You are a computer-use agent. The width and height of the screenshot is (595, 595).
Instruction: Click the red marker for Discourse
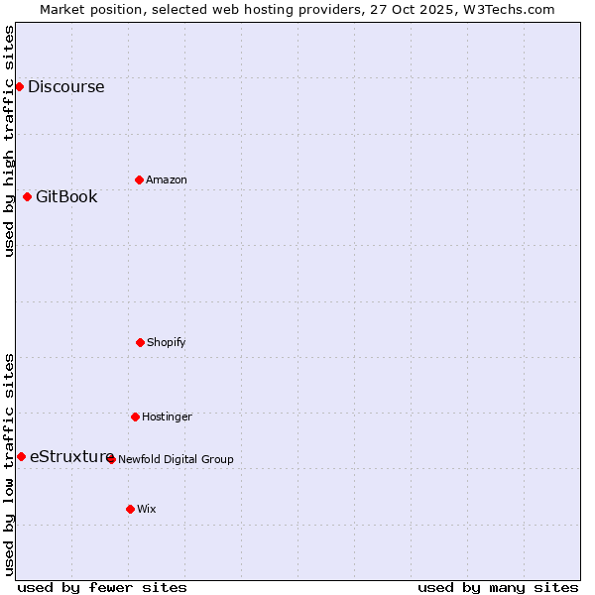[x=19, y=86]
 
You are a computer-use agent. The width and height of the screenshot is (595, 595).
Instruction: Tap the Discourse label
[x=65, y=86]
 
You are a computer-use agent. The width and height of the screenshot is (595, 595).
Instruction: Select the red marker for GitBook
[x=27, y=196]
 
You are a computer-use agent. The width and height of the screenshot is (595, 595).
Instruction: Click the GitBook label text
[x=66, y=196]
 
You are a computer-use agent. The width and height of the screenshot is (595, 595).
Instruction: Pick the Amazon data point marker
[x=139, y=179]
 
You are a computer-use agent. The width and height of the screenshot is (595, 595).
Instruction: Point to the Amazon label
[x=167, y=179]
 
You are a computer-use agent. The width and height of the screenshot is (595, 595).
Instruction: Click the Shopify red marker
[x=140, y=342]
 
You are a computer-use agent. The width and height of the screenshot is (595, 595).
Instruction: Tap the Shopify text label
[x=167, y=342]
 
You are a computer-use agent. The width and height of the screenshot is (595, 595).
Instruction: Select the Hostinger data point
[x=135, y=416]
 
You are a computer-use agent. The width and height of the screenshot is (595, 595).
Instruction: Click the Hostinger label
[x=167, y=416]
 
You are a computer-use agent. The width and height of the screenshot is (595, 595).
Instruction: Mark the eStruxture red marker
[x=21, y=456]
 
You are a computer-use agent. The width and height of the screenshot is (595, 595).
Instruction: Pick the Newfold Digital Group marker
[x=111, y=459]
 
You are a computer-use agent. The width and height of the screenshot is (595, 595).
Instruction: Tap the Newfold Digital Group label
[x=176, y=459]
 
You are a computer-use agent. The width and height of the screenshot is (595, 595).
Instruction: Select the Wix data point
[x=130, y=509]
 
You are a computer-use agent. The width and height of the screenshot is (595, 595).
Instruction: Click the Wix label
[x=147, y=509]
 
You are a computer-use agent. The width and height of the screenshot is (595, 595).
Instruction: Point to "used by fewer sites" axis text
[x=102, y=587]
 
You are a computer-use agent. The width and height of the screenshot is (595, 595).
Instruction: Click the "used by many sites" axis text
[x=498, y=587]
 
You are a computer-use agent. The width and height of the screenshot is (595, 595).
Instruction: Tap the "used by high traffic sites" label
[x=9, y=141]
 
